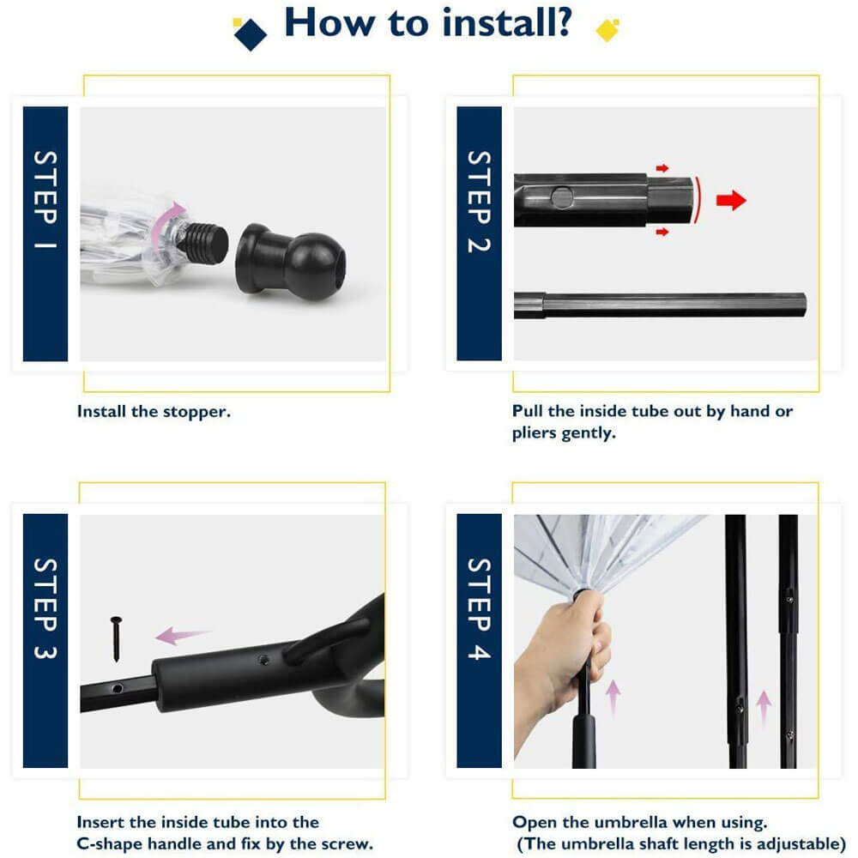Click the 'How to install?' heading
coord(428,23)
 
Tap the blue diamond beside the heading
coord(250,34)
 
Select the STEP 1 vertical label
coord(45,200)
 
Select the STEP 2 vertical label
coord(479,202)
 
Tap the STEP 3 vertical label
coord(45,608)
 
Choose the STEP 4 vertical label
coord(479,608)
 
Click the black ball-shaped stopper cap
coord(291,261)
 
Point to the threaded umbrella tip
coord(205,242)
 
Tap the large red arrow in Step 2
coord(731,200)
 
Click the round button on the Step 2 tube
coord(562,197)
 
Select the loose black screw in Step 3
coord(116,638)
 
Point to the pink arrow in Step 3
coord(182,635)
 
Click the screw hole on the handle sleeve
coord(263,660)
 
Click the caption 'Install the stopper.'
coord(154,412)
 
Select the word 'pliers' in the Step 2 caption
coord(534,433)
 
